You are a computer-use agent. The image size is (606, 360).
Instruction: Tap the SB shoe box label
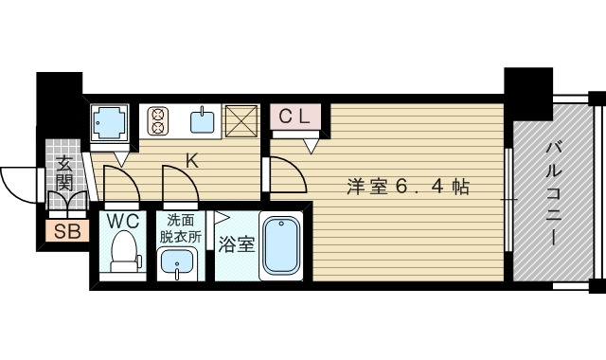(65, 232)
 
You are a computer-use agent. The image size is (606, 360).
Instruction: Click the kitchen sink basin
(203, 120)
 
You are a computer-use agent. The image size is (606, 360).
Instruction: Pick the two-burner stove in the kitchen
(157, 120)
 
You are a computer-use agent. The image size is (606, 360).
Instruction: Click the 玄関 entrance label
(64, 174)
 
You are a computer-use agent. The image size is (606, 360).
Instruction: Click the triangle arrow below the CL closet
(311, 145)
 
